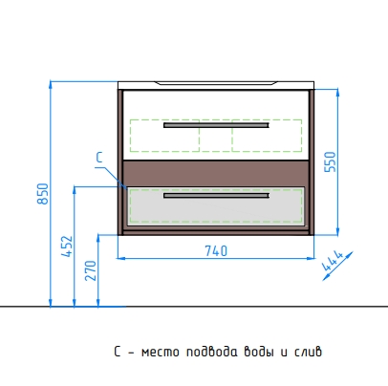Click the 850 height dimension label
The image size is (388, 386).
pos(43,194)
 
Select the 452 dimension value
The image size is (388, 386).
pos(67,247)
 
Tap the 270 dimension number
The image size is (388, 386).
pos(91,270)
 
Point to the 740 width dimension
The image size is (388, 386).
pos(216,251)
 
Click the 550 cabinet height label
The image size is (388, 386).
pos(330,162)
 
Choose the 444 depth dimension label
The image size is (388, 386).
pos(333,261)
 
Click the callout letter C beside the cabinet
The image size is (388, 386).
pos(99,158)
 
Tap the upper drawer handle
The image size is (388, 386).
pos(216,125)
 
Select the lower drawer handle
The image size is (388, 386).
pos(216,195)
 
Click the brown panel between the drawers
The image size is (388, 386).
pos(216,173)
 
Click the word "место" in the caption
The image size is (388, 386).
pos(161,353)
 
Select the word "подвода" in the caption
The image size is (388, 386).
pos(212,353)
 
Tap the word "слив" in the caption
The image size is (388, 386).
pos(309,353)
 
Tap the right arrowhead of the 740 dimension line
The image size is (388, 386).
pos(311,258)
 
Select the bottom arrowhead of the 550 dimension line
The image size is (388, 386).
pos(338,231)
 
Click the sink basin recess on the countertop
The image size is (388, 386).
pos(216,83)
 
